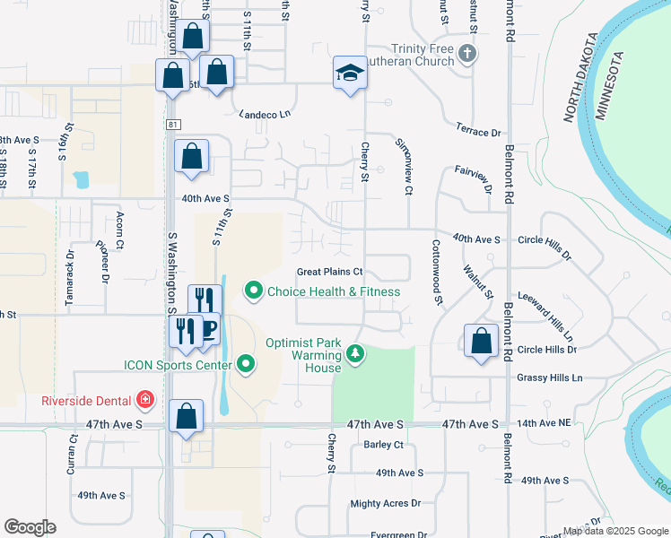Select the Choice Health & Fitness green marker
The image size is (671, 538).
[x=254, y=291]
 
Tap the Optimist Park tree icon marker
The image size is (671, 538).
[x=356, y=355]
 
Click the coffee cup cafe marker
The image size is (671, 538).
[x=208, y=329]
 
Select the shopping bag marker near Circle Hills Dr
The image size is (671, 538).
[x=482, y=341]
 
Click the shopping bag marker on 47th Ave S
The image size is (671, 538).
[x=186, y=416]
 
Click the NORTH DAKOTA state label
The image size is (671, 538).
[x=579, y=79]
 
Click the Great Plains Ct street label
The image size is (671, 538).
[x=329, y=272]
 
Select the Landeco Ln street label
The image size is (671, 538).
[x=265, y=114]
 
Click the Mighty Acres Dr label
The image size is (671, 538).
[x=385, y=504]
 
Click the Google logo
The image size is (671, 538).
[x=30, y=527]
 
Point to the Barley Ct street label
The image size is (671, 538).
[x=383, y=444]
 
